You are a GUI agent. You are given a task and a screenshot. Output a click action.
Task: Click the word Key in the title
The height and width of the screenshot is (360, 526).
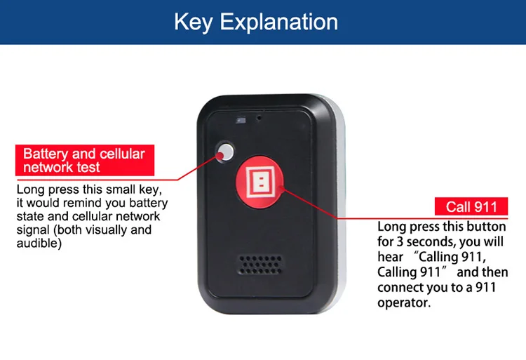point(194,21)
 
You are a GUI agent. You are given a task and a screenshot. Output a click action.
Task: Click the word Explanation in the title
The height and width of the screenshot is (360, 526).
point(279,22)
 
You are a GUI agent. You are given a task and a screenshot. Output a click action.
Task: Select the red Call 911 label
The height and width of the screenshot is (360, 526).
point(471,206)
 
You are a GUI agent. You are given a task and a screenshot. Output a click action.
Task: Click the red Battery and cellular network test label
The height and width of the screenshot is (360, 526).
point(83,161)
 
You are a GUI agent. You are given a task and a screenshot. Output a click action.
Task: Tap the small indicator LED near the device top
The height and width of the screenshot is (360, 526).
point(241,120)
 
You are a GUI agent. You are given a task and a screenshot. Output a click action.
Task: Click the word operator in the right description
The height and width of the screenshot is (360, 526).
point(403,303)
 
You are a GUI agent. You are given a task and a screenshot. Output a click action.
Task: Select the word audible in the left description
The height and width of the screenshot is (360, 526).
point(39,244)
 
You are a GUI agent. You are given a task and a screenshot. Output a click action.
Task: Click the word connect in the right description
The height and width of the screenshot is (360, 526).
point(399,288)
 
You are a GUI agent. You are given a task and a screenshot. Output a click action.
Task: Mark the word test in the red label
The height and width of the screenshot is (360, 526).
point(88,168)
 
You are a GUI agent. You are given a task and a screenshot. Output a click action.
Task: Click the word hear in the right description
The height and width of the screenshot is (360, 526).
point(390,258)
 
